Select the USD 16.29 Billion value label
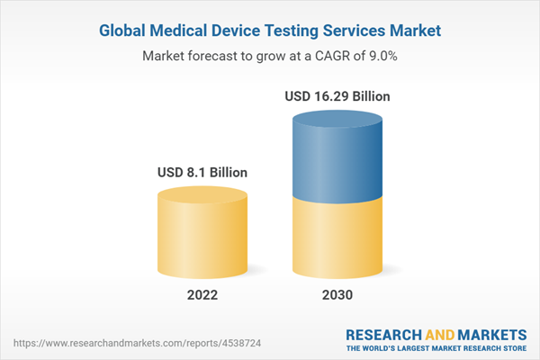(x=338, y=95)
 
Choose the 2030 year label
(x=338, y=295)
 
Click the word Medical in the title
(x=179, y=31)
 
